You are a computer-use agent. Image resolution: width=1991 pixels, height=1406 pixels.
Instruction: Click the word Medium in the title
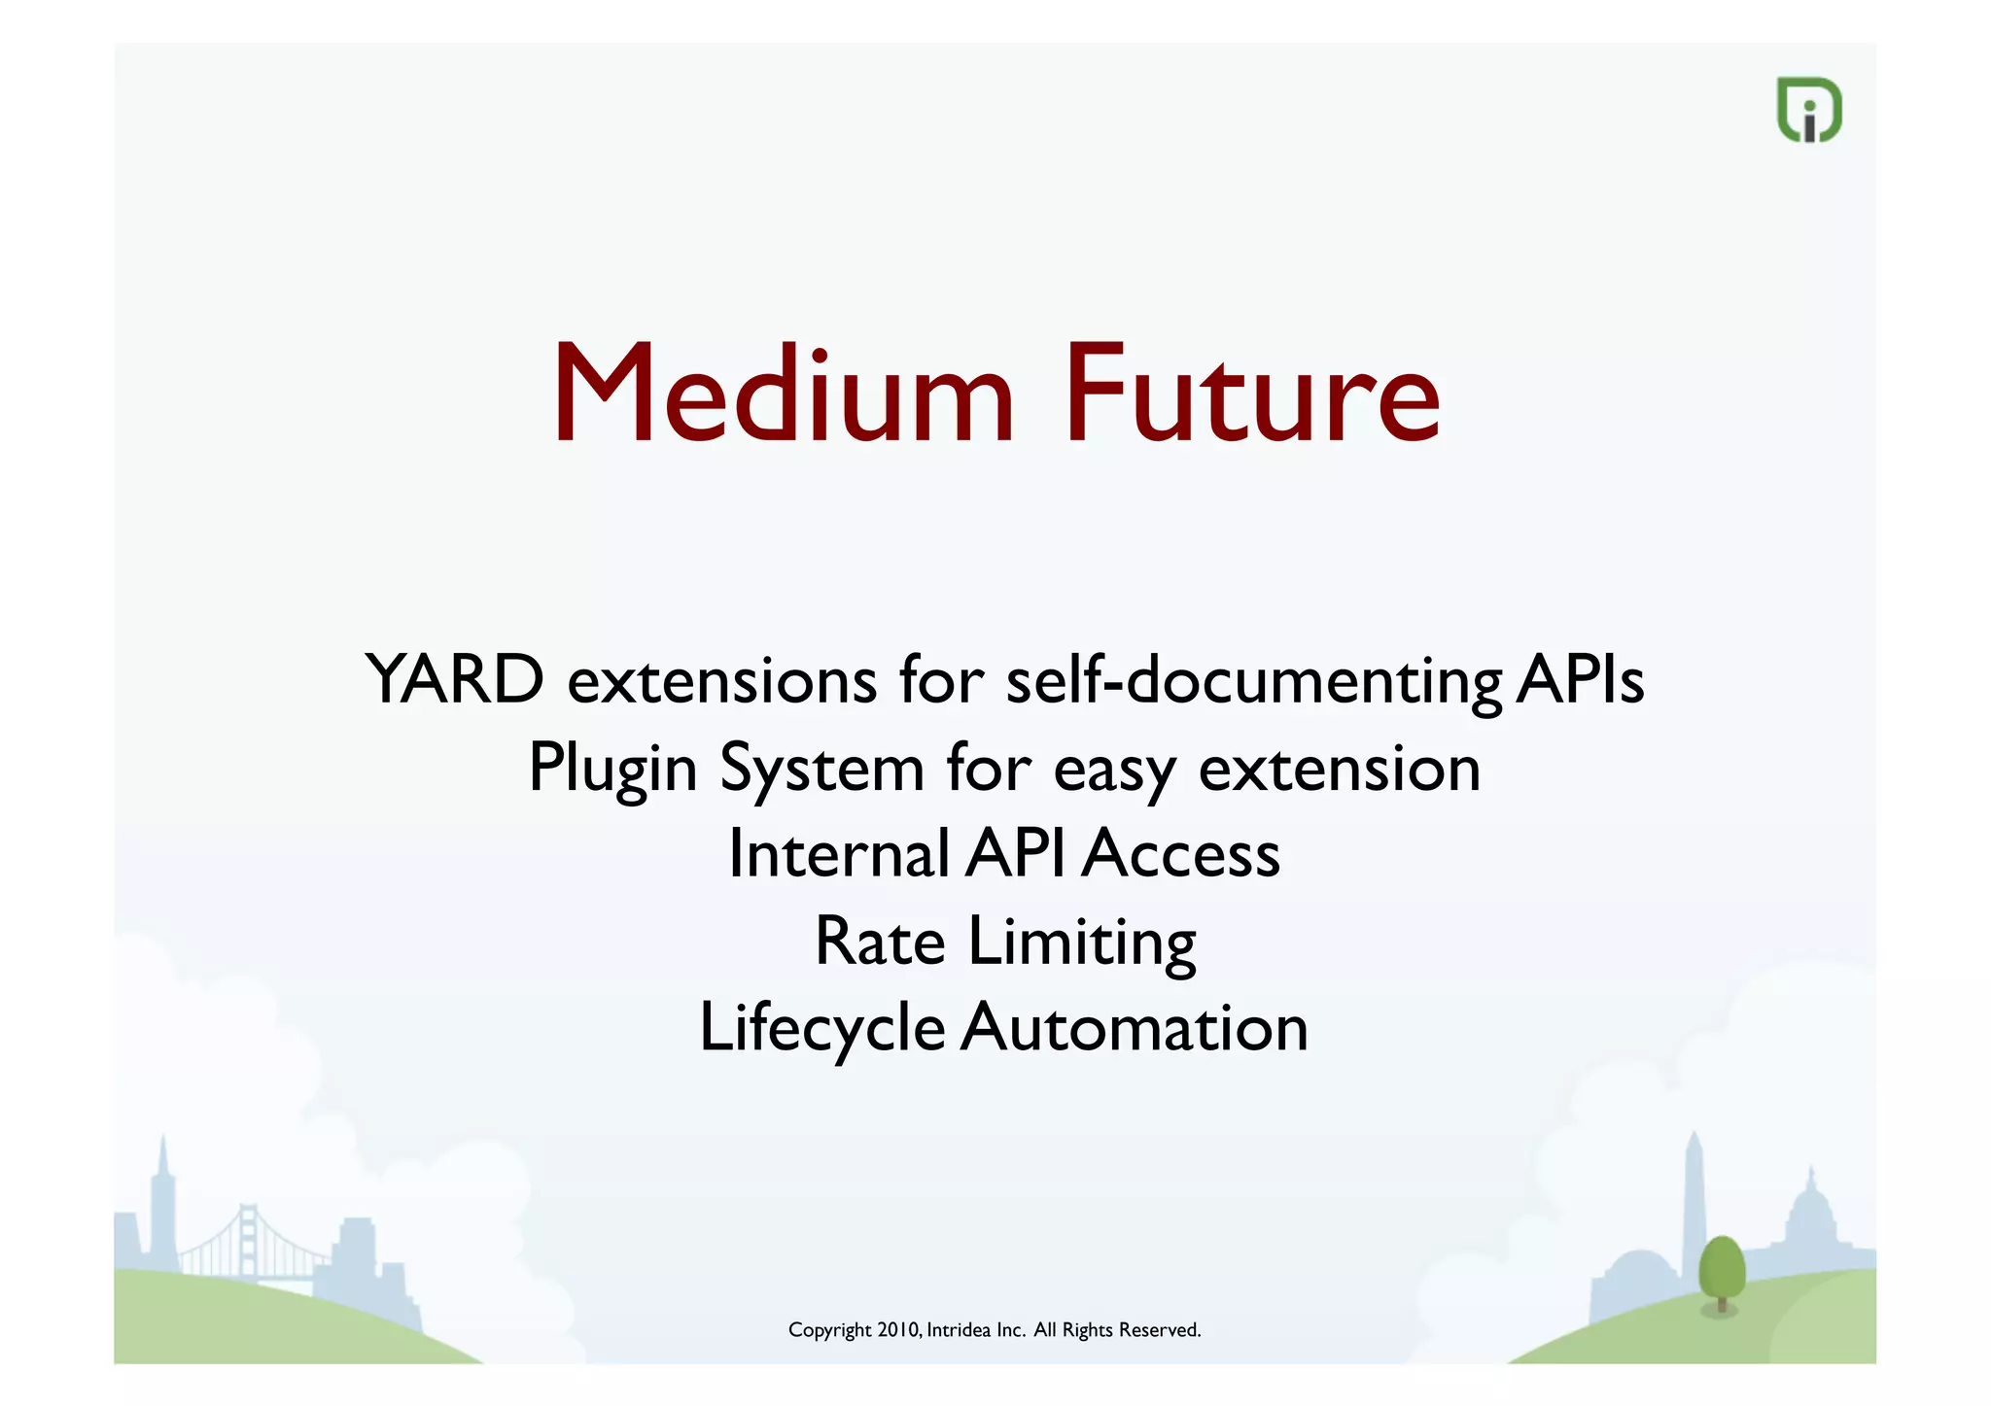click(784, 395)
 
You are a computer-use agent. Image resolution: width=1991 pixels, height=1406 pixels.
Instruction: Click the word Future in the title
click(1251, 395)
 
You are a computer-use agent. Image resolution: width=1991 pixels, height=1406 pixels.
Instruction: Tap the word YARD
click(454, 679)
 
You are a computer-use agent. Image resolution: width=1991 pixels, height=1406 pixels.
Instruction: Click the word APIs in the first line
click(1580, 679)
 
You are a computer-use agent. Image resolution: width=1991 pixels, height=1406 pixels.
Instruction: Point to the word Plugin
click(612, 769)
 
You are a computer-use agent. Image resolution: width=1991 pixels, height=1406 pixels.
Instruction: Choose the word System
click(821, 769)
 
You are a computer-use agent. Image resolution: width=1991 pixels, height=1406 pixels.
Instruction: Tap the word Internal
click(838, 854)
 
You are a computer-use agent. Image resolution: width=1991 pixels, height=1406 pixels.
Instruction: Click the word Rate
click(880, 942)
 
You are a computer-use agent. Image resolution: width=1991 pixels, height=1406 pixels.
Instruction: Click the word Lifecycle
click(821, 1029)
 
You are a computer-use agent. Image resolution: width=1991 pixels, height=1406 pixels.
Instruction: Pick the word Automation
click(1135, 1028)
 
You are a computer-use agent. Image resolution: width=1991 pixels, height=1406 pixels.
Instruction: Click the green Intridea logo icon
click(1809, 110)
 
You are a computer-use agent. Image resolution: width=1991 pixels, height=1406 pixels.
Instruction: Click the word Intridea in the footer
click(958, 1330)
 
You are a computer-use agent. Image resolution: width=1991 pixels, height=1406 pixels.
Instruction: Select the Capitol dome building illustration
click(1811, 1215)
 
